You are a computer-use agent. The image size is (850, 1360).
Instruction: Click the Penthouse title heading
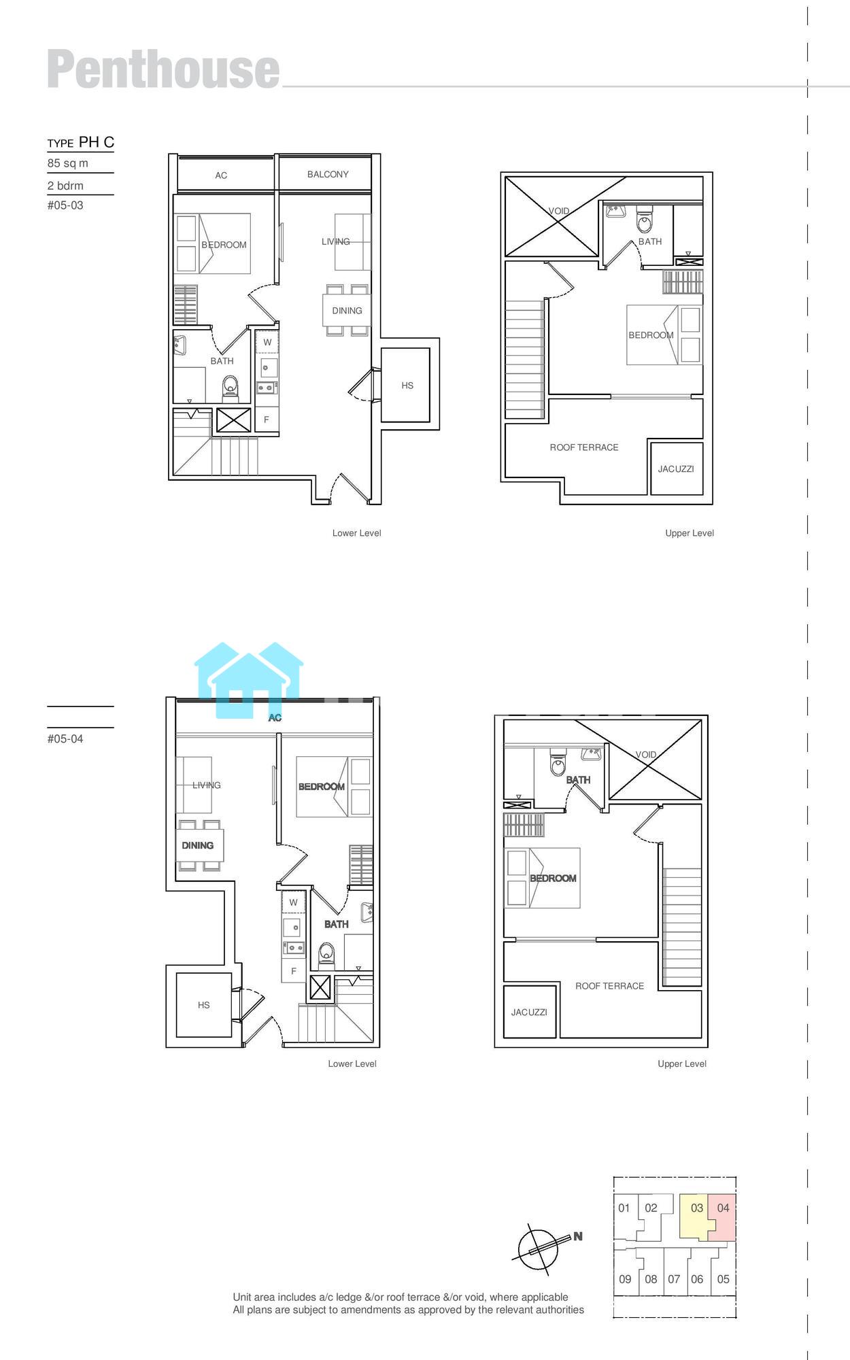click(163, 69)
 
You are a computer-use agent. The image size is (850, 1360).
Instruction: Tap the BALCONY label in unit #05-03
click(328, 175)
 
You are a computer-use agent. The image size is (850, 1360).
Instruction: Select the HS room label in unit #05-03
click(407, 386)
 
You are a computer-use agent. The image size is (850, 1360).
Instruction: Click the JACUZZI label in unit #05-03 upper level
click(676, 469)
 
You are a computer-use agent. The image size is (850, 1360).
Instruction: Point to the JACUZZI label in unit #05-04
click(529, 1013)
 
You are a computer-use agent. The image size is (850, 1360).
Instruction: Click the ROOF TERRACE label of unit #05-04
click(609, 986)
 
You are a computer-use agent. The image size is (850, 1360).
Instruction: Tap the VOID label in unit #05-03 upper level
click(559, 211)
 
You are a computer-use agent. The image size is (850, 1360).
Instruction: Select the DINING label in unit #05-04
click(197, 846)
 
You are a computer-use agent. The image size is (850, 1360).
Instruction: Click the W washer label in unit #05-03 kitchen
click(267, 343)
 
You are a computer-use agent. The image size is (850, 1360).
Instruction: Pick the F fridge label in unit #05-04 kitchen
click(294, 971)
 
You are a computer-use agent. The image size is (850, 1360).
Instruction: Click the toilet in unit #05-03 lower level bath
click(231, 386)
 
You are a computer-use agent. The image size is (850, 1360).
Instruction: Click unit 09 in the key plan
click(625, 1279)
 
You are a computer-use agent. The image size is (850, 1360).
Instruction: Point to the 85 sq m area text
click(68, 163)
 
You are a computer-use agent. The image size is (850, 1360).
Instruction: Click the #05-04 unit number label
click(65, 739)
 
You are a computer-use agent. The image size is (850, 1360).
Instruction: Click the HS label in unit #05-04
click(204, 1005)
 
